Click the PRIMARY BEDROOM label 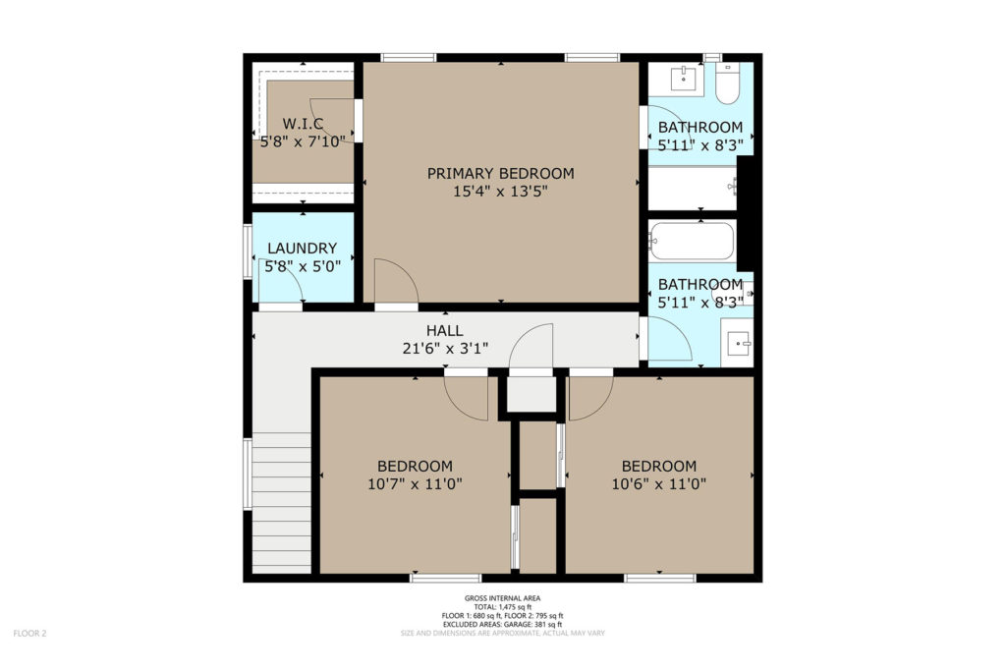coord(500,173)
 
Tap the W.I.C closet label coord(303,123)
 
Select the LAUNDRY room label coord(303,249)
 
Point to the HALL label coord(445,331)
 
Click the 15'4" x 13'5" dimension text coord(500,192)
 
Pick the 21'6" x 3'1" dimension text coord(445,349)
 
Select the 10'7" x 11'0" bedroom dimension coord(415,483)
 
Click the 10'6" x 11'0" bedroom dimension coord(659,483)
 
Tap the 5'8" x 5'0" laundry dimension coord(303,265)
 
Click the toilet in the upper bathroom coord(728,84)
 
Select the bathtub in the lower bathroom coord(691,241)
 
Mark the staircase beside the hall coord(282,503)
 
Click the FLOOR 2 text coord(30,634)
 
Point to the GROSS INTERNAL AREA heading coord(502,598)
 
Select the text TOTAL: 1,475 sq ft coord(502,607)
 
